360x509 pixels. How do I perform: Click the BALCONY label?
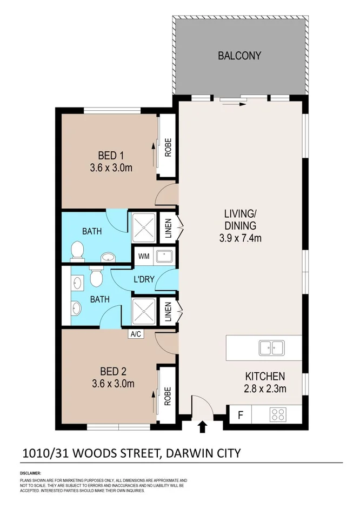pyautogui.click(x=239, y=56)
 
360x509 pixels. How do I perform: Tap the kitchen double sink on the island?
pyautogui.click(x=272, y=347)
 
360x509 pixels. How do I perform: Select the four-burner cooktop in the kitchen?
pyautogui.click(x=278, y=414)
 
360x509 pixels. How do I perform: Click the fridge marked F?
pyautogui.click(x=241, y=415)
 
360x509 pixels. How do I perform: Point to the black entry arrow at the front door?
pyautogui.click(x=203, y=426)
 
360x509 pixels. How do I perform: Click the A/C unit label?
pyautogui.click(x=136, y=334)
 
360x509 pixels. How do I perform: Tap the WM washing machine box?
pyautogui.click(x=144, y=256)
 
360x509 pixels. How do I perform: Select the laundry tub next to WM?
pyautogui.click(x=164, y=256)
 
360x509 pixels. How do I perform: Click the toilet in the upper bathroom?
pyautogui.click(x=77, y=252)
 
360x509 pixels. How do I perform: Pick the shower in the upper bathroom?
pyautogui.click(x=144, y=227)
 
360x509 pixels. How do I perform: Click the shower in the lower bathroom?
pyautogui.click(x=144, y=311)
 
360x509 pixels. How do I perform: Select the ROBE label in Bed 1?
pyautogui.click(x=168, y=148)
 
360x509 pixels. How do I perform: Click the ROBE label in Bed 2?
pyautogui.click(x=168, y=396)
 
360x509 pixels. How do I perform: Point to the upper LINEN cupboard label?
pyautogui.click(x=168, y=229)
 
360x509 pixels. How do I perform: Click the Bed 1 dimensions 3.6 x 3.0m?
pyautogui.click(x=111, y=168)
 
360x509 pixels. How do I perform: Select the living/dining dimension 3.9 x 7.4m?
pyautogui.click(x=240, y=238)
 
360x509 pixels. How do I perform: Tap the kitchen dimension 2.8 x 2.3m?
pyautogui.click(x=265, y=389)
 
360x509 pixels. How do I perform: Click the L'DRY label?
pyautogui.click(x=144, y=279)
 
